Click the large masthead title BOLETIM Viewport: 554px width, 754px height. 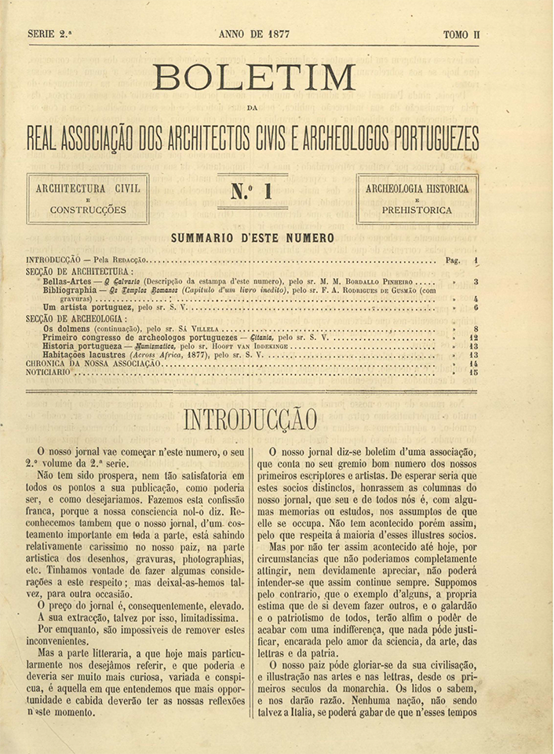[x=254, y=77]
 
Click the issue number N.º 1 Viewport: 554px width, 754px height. [x=252, y=192]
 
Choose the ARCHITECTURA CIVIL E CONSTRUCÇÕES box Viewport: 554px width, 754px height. [x=88, y=199]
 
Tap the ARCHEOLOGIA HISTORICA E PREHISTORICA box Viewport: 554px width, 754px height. [x=417, y=199]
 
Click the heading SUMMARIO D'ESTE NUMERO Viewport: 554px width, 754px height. [x=252, y=238]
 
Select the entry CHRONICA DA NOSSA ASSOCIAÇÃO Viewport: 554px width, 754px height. [x=93, y=364]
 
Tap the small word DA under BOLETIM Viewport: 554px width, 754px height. [x=252, y=108]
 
